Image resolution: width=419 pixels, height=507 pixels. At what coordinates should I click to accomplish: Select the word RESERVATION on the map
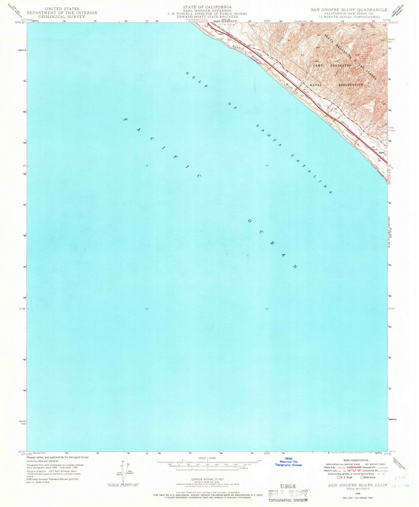[350, 85]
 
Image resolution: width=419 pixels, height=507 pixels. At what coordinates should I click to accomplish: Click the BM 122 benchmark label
[252, 45]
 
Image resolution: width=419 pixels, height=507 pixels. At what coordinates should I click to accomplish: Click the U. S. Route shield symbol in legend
[339, 477]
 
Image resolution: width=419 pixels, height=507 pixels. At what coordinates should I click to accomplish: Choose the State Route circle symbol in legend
[362, 477]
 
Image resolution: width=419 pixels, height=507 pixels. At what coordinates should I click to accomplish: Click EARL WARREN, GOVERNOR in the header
[207, 10]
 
